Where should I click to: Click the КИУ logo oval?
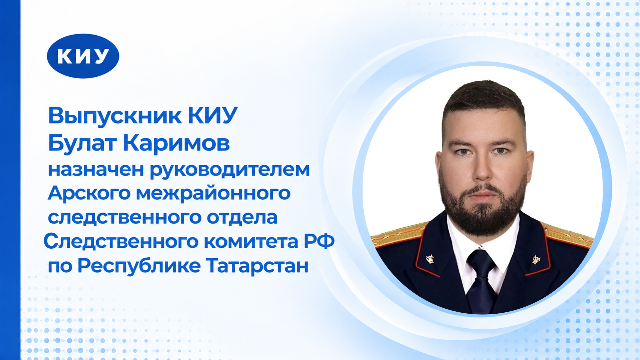click(83, 56)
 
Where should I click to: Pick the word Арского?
click(89, 193)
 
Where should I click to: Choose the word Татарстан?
click(257, 266)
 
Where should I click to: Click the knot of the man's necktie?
click(481, 260)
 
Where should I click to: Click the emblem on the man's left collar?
click(536, 260)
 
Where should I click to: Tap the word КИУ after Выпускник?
click(213, 115)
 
